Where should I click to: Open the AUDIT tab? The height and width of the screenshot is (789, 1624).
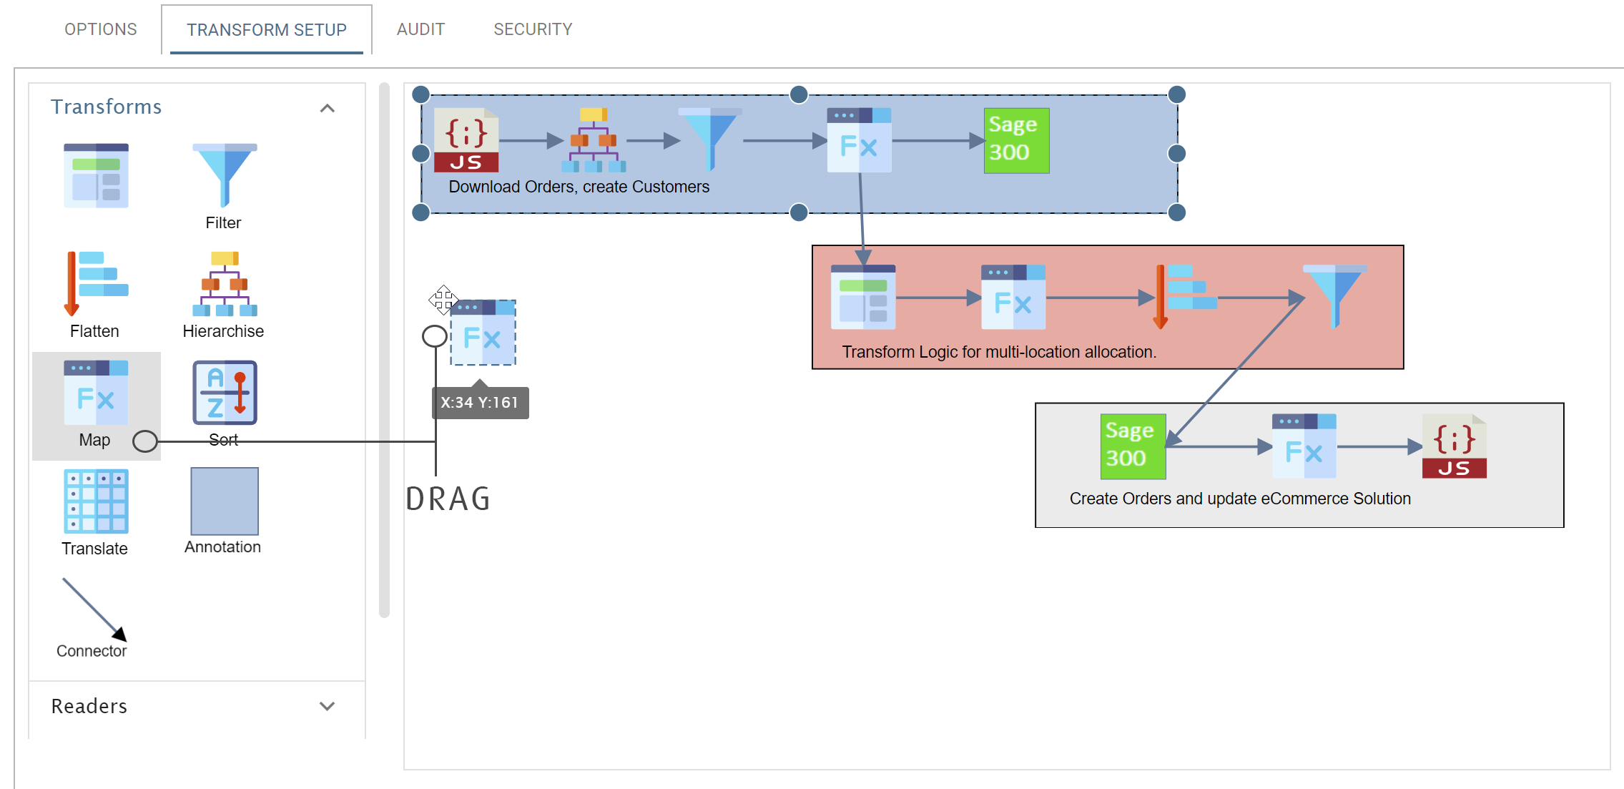tap(420, 29)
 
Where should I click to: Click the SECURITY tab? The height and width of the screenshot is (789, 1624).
tap(533, 29)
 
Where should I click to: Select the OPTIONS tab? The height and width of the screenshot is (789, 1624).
tap(101, 29)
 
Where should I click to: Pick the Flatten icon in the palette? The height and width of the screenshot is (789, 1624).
tap(96, 283)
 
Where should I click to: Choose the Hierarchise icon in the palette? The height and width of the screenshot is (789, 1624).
tap(225, 283)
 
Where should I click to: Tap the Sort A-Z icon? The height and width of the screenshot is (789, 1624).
tap(225, 392)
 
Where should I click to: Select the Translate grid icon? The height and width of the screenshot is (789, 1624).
tap(96, 501)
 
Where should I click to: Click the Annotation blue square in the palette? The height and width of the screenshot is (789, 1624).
tap(225, 501)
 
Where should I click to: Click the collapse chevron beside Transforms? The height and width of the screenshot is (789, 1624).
tap(327, 108)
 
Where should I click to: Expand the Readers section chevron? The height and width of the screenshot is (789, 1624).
tap(327, 706)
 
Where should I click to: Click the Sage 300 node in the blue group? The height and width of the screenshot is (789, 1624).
tap(1016, 140)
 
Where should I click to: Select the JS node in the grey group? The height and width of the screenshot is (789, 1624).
tap(1455, 446)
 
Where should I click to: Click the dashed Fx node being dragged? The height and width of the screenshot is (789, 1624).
tap(483, 333)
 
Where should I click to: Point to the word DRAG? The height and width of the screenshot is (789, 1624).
tap(448, 499)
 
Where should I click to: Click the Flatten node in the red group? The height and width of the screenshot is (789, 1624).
tap(1186, 297)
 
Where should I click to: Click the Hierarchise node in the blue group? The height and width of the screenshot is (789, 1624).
tap(594, 140)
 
